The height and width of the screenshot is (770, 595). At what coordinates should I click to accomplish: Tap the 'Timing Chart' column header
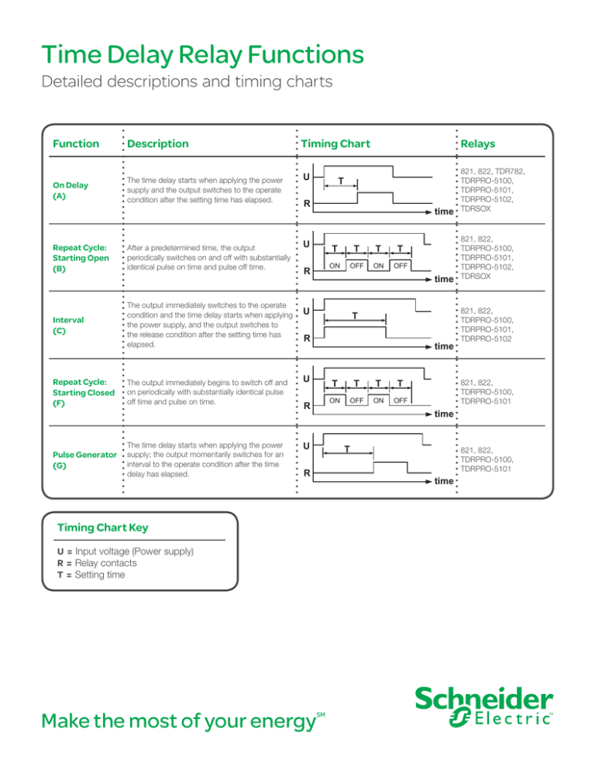(x=335, y=143)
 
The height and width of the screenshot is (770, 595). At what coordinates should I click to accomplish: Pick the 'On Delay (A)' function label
(x=71, y=191)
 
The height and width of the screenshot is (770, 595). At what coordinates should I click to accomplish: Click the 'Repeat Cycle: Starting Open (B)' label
(x=78, y=256)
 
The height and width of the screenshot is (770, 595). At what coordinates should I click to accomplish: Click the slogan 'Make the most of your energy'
(x=169, y=722)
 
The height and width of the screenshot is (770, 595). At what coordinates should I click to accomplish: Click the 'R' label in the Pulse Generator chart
(x=307, y=473)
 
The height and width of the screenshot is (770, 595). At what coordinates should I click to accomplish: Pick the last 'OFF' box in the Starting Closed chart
(x=399, y=400)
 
